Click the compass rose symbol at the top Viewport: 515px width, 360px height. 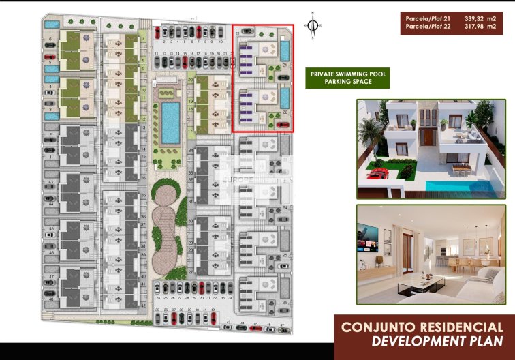(x=312, y=26)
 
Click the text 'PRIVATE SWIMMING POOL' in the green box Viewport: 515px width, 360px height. (x=347, y=72)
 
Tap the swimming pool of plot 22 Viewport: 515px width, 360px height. (x=284, y=98)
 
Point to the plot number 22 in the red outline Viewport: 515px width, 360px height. (x=283, y=112)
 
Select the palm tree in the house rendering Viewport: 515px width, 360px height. (x=369, y=136)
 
